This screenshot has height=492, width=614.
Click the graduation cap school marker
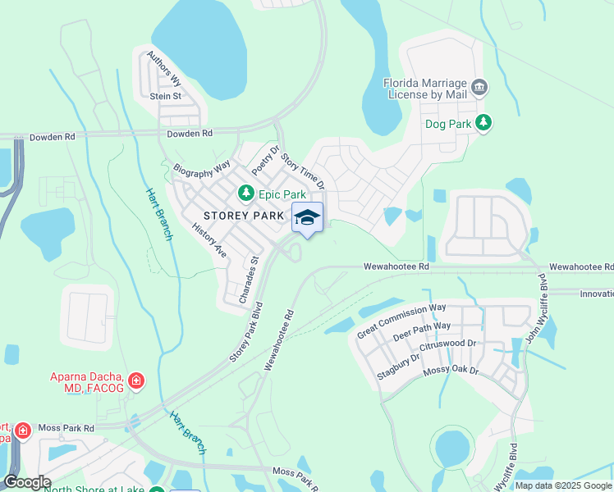[307, 217]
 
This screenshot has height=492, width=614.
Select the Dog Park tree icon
[484, 123]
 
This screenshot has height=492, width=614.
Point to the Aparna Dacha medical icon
[136, 380]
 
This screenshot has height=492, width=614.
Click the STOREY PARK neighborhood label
[244, 216]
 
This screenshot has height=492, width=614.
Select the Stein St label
[165, 96]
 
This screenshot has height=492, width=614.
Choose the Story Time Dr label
[302, 171]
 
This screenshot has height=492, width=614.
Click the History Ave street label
[208, 240]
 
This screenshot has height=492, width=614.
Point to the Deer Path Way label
[422, 331]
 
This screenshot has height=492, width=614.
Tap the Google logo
[26, 481]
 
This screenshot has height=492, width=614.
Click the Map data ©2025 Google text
[562, 485]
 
